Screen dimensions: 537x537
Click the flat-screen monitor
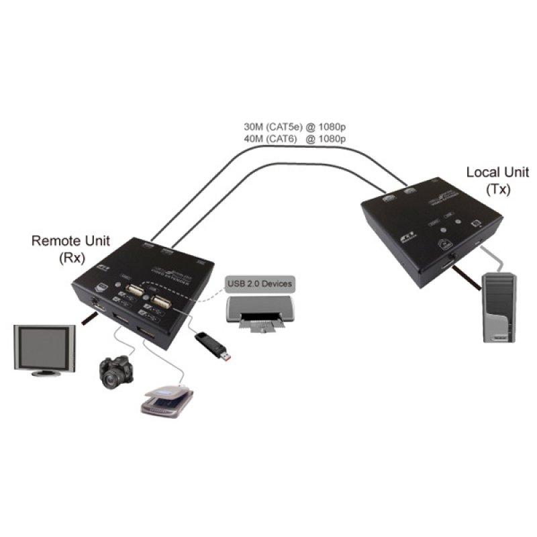45,348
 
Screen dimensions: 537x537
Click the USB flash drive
214,346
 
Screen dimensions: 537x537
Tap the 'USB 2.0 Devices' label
258,284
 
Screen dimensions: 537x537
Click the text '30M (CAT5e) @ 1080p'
294,126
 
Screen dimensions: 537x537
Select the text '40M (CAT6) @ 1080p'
294,139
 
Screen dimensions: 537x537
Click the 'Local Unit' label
497,173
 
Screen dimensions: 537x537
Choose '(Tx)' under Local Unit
497,189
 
